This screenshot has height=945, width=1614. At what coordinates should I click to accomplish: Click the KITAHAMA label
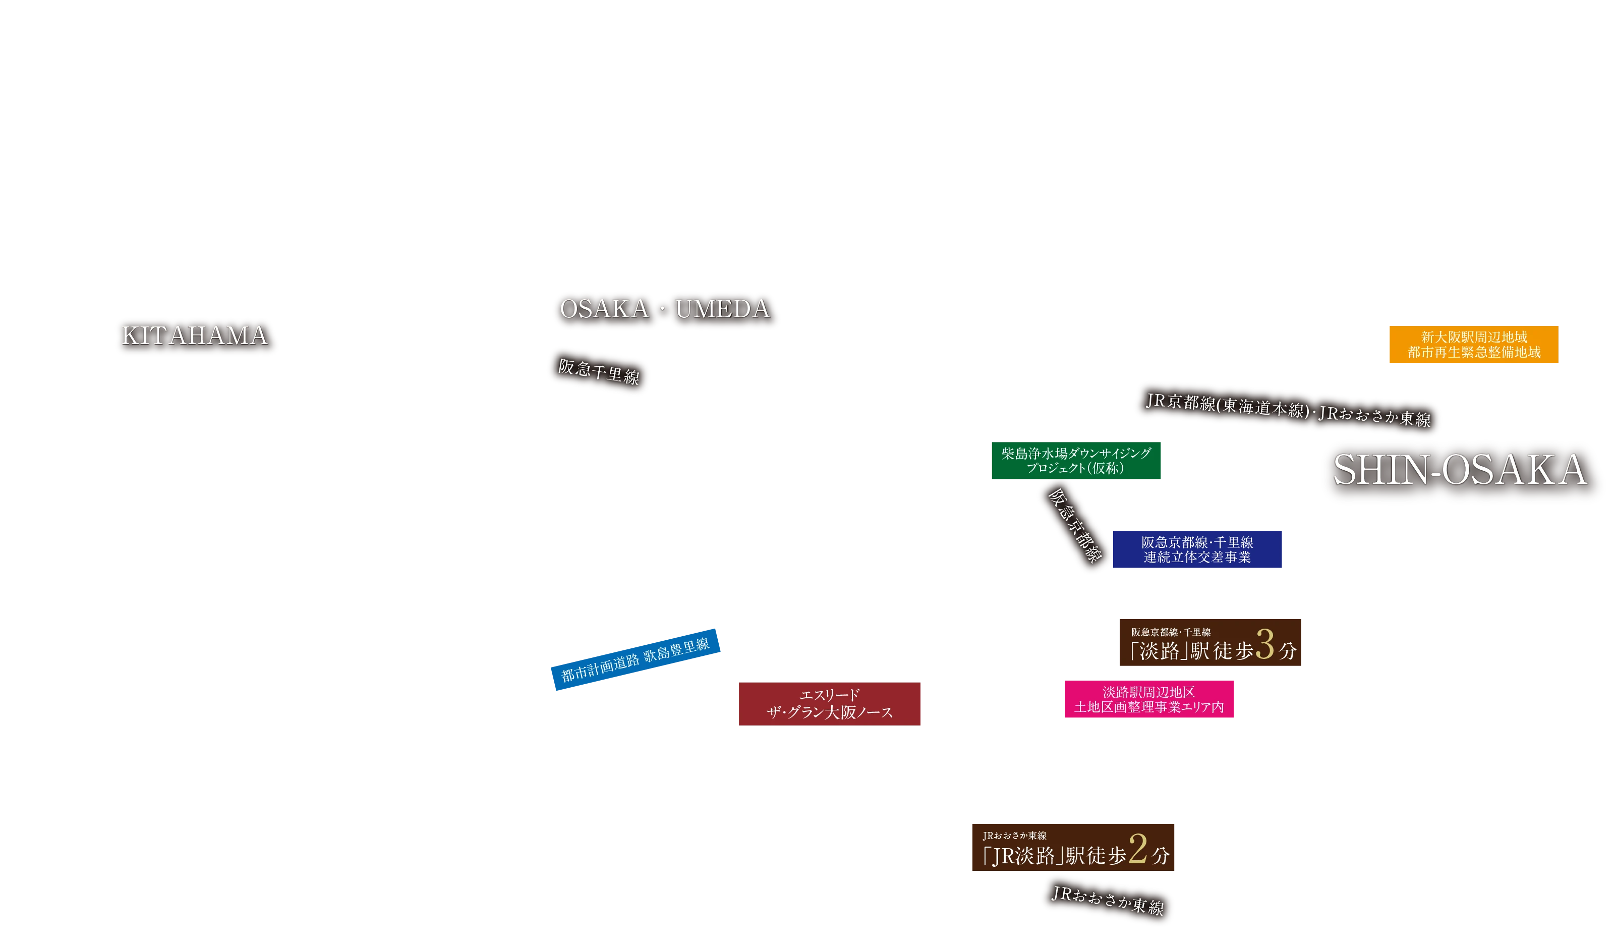pyautogui.click(x=195, y=336)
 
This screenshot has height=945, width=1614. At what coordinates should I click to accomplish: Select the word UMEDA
pyautogui.click(x=722, y=309)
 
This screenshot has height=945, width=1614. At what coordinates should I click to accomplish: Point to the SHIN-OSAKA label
pyautogui.click(x=1460, y=470)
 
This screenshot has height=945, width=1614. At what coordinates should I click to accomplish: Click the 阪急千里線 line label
pyautogui.click(x=598, y=372)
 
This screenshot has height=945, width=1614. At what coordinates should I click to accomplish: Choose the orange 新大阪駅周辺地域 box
pyautogui.click(x=1474, y=344)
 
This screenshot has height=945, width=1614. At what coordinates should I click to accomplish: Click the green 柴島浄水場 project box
pyautogui.click(x=1075, y=460)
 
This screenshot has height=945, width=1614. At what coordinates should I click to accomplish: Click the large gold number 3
pyautogui.click(x=1264, y=644)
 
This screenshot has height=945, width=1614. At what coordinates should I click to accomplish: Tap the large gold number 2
pyautogui.click(x=1137, y=850)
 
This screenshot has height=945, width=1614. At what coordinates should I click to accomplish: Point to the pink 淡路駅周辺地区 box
pyautogui.click(x=1148, y=699)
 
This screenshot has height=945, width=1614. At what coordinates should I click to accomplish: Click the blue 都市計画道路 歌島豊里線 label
pyautogui.click(x=636, y=659)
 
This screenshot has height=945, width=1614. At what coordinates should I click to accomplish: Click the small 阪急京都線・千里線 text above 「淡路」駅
pyautogui.click(x=1170, y=632)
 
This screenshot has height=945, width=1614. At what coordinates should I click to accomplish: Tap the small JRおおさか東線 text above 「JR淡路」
pyautogui.click(x=1014, y=836)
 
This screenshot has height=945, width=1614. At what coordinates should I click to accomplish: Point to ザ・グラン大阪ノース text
pyautogui.click(x=830, y=712)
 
